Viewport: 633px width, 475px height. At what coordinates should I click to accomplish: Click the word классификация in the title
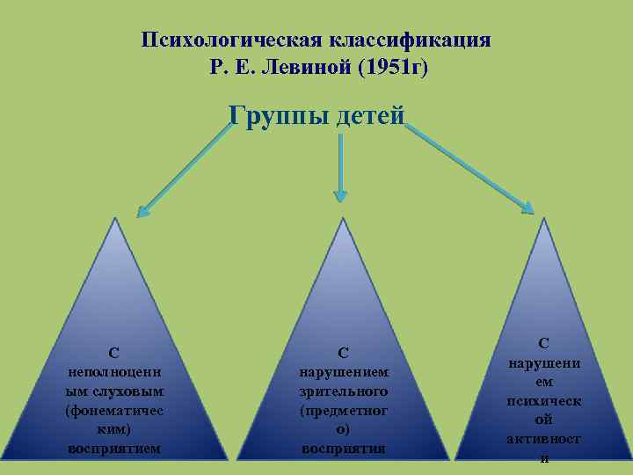(410, 40)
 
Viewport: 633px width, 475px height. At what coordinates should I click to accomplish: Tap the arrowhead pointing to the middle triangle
(339, 194)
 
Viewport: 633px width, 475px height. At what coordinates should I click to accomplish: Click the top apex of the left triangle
(114, 218)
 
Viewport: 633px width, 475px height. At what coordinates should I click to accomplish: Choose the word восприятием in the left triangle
(114, 448)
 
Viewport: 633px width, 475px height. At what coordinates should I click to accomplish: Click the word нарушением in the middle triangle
(344, 371)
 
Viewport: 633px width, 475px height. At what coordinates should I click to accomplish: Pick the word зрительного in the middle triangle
(344, 391)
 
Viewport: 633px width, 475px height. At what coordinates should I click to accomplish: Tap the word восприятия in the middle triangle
(344, 448)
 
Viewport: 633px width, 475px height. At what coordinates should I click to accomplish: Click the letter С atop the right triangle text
(544, 343)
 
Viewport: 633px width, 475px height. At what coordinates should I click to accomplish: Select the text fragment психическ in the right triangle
(544, 400)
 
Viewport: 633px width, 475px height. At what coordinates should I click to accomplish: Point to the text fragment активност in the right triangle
(544, 439)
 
